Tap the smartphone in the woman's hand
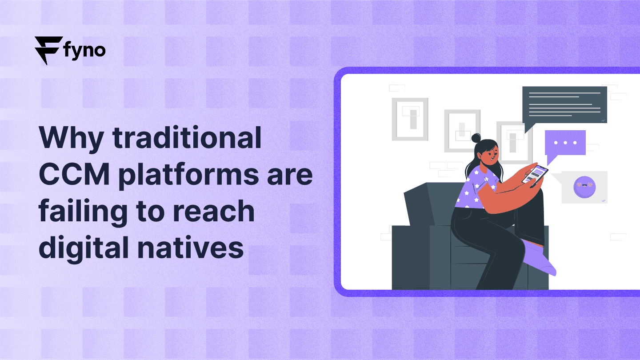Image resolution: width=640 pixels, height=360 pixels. pos(535,175)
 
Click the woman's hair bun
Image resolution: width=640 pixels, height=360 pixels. pos(476,138)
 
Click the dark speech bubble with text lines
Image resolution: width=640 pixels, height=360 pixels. pos(564,105)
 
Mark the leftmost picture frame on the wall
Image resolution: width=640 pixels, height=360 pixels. pos(409,119)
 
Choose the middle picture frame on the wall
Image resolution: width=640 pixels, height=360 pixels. pos(462,130)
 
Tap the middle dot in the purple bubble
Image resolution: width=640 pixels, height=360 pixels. pos(565,143)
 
